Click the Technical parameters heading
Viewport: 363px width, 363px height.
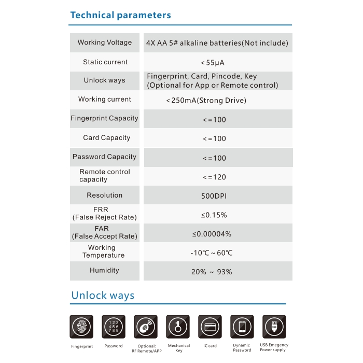(x=120, y=15)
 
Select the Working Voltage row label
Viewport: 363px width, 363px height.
(x=105, y=43)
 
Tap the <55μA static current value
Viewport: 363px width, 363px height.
(x=212, y=63)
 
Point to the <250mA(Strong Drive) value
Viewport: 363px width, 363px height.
(x=206, y=100)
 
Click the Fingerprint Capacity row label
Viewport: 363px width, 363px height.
(x=105, y=118)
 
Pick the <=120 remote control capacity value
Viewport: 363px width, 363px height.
(x=214, y=177)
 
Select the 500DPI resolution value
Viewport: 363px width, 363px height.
(x=214, y=196)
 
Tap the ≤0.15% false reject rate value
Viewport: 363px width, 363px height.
(x=214, y=215)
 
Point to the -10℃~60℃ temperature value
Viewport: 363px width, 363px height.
(x=211, y=253)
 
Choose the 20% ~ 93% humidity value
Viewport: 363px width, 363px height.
(x=211, y=272)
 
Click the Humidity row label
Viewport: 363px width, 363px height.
(x=104, y=270)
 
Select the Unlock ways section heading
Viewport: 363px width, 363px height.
(x=103, y=296)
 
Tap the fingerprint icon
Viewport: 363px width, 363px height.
(x=82, y=327)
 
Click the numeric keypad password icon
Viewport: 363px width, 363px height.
(x=114, y=327)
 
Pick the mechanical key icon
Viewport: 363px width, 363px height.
(x=178, y=327)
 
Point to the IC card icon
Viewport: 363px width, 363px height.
(x=210, y=327)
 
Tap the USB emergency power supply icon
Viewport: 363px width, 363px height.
(x=274, y=327)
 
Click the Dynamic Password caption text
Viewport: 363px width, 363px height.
(x=242, y=347)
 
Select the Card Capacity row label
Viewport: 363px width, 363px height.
(x=106, y=138)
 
